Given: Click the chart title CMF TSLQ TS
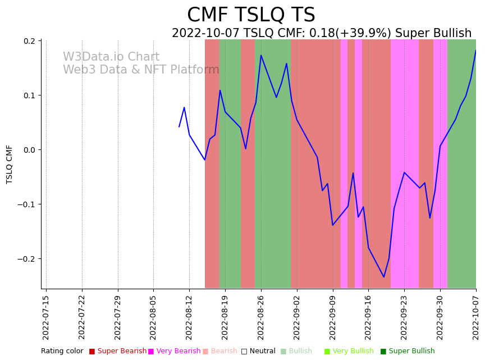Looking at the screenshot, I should (251, 15).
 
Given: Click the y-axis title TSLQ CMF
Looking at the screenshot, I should (10, 164).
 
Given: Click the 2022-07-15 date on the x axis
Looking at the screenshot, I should (46, 317).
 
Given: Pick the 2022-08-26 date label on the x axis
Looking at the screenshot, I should (261, 317).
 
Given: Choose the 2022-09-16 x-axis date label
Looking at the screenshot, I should (369, 317).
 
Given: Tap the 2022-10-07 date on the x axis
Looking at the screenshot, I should (476, 317).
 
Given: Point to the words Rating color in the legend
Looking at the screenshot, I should (62, 351).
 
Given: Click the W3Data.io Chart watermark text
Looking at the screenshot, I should (111, 57).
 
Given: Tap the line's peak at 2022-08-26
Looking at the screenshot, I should (261, 55).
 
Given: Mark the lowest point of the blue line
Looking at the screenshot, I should (384, 277).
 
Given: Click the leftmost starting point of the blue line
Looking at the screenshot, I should (179, 127).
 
